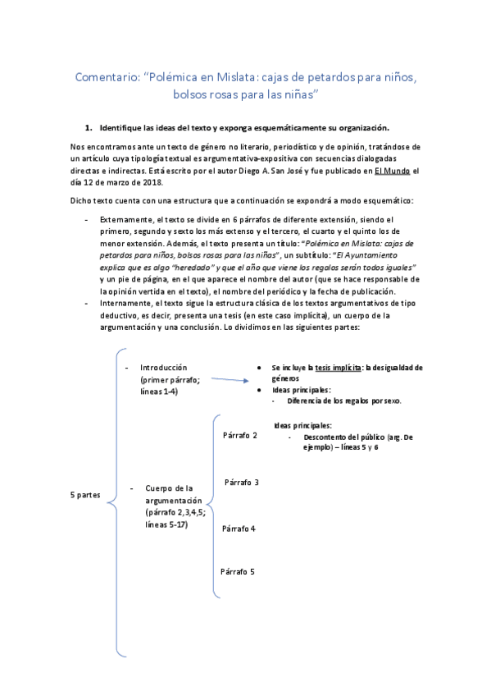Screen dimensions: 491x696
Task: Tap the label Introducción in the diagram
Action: point(163,367)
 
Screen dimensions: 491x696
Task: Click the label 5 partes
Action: point(85,494)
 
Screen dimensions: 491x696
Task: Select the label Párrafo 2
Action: point(239,435)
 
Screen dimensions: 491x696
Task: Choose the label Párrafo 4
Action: point(239,528)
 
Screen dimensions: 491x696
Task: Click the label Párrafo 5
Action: point(237,571)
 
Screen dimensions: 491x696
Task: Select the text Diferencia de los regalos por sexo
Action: point(343,401)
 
